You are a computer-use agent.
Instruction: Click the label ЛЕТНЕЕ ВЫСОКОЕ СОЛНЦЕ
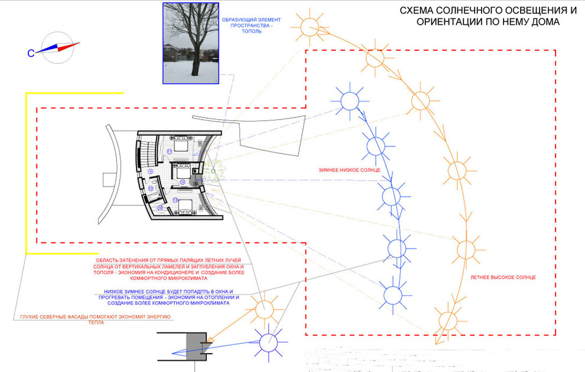coord(503,276)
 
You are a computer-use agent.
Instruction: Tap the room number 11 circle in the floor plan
coord(169,152)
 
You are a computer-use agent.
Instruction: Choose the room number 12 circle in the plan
coord(183,181)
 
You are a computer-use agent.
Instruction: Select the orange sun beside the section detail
coord(260,307)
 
